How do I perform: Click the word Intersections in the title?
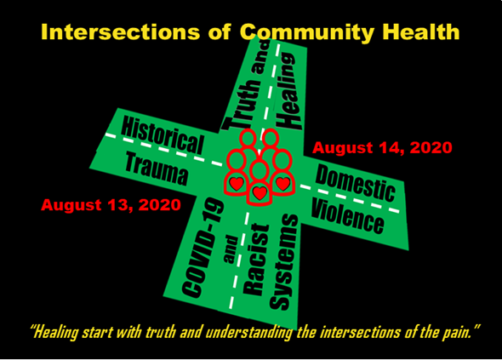pos(120,32)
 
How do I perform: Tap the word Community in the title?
pos(306,32)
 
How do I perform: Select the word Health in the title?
pos(421,31)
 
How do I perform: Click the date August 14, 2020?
pos(382,148)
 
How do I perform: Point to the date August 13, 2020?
pos(111,204)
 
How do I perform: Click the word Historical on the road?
pos(163,135)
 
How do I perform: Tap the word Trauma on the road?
pos(157,169)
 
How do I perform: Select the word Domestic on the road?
pos(356,183)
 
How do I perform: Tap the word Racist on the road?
pos(256,260)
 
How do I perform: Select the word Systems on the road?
pos(284,262)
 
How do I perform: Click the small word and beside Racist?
pos(231,249)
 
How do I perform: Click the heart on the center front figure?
pos(260,192)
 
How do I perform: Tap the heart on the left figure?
pos(237,183)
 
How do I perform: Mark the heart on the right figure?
pos(283,183)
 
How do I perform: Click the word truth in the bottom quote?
pos(161,333)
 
